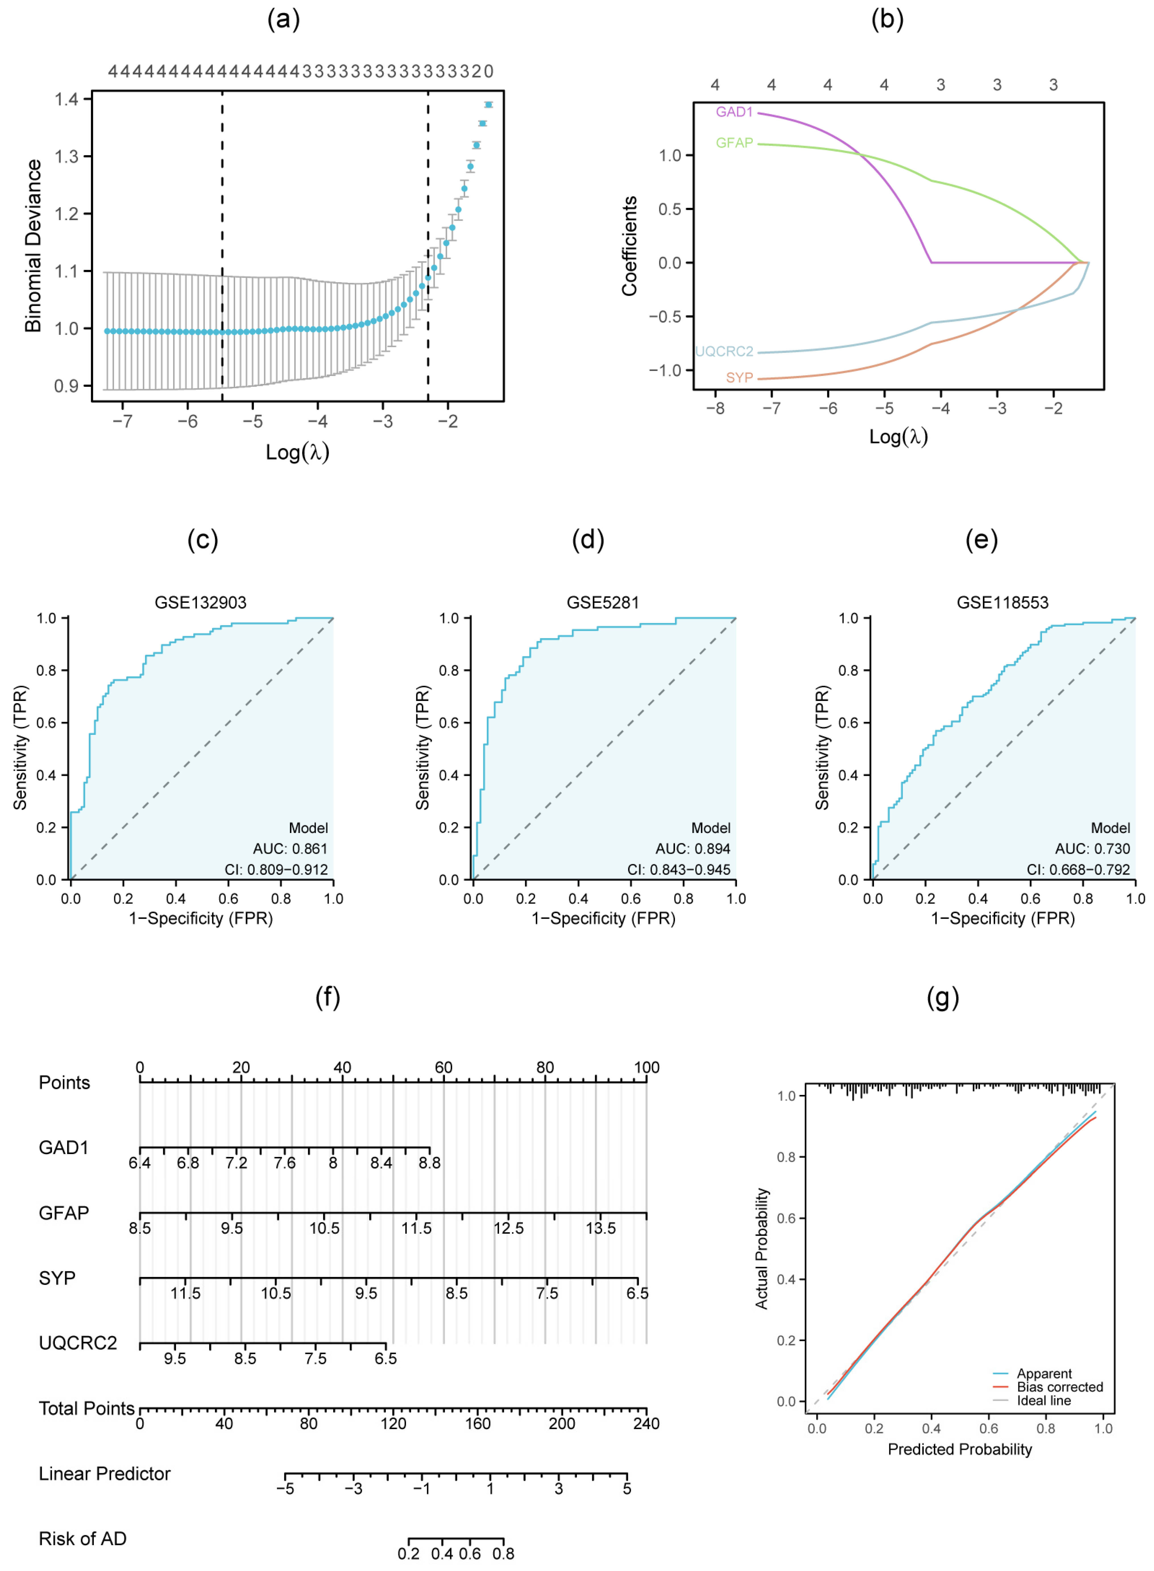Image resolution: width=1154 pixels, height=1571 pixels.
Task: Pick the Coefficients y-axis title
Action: point(629,246)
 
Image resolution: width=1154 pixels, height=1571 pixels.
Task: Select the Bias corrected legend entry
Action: point(1059,1386)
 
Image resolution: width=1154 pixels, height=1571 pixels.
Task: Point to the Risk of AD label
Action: point(82,1538)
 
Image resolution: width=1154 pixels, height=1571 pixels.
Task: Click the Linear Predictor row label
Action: point(105,1473)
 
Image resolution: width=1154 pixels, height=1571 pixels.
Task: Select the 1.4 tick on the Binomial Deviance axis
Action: point(67,99)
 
